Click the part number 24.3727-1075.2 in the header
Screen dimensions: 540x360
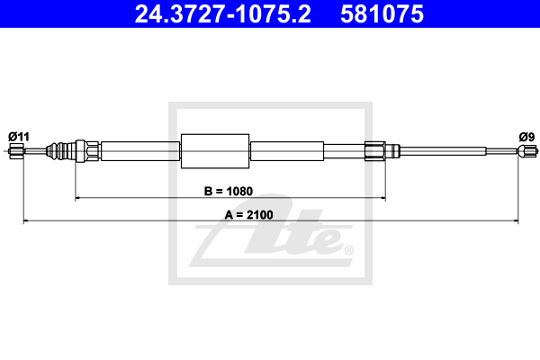223,14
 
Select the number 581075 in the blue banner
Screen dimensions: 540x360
382,14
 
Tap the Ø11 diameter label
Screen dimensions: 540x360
19,137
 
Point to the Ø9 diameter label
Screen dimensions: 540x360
526,137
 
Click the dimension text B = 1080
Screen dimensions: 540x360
229,191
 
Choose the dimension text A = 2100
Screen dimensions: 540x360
248,214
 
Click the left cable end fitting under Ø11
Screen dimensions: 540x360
16,151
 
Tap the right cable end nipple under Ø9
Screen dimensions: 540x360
527,151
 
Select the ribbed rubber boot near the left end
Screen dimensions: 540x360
60,151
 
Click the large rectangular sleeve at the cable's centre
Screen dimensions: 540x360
215,151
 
